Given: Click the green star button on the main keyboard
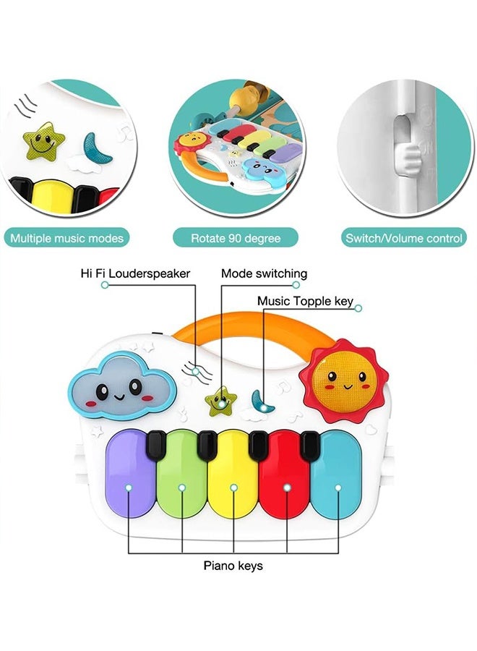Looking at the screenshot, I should (x=220, y=401).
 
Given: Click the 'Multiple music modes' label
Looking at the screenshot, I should (x=67, y=237).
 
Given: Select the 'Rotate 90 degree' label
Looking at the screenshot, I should (x=235, y=237).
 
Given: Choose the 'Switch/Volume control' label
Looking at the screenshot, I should (x=404, y=237).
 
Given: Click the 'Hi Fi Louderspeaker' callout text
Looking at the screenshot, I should (x=135, y=273).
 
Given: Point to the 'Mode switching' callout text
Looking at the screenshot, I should (x=264, y=273).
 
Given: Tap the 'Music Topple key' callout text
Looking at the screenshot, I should (x=306, y=301).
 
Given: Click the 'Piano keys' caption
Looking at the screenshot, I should (x=233, y=566).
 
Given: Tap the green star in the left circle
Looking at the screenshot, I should (x=43, y=141).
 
